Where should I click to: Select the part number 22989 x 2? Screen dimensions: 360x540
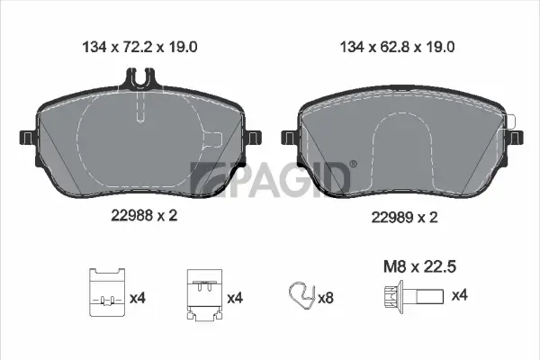404,217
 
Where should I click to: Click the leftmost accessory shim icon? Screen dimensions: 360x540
106,292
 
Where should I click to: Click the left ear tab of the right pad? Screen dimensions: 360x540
289,138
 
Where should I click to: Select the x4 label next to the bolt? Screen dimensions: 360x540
458,295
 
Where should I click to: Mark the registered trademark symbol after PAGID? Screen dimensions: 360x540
352,165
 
